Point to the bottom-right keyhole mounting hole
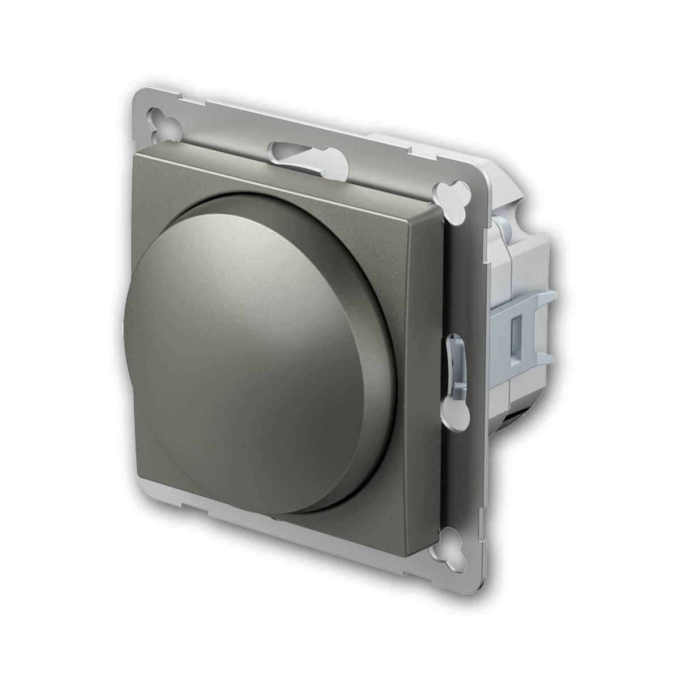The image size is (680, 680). click(453, 547)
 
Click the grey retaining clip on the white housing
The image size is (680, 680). click(524, 329)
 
